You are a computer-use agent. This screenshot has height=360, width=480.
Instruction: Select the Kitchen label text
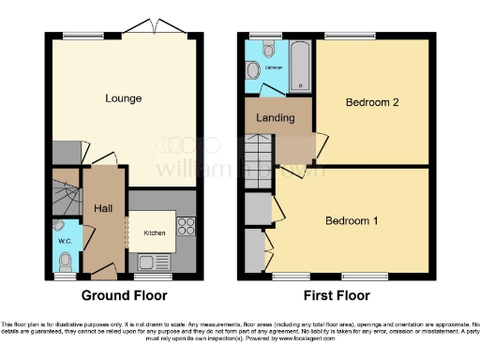click(x=154, y=232)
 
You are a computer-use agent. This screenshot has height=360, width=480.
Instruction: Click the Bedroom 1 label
click(x=352, y=221)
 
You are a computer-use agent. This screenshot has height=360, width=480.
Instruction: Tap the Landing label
click(x=275, y=118)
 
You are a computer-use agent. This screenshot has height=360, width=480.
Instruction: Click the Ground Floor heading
click(x=124, y=295)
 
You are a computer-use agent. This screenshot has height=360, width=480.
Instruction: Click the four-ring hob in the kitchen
click(x=184, y=225)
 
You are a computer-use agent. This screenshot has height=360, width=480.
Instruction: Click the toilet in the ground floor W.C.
click(x=59, y=226)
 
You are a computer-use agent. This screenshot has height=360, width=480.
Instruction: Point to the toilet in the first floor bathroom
click(x=252, y=69)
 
